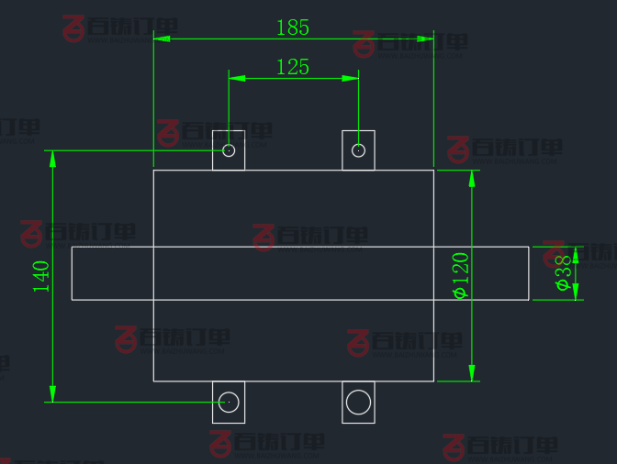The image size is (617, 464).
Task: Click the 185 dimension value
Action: tap(293, 28)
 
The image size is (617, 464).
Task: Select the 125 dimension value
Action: tap(293, 67)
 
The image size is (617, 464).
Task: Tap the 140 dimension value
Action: tap(41, 276)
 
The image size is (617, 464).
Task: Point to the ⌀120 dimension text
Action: tap(460, 275)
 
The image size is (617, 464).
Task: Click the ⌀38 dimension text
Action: tap(564, 272)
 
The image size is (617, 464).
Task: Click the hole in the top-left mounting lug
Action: tap(229, 150)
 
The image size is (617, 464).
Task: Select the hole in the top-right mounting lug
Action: tap(358, 150)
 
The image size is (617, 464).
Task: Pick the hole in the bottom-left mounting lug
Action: tap(229, 402)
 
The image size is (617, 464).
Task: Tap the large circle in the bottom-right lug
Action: tap(358, 402)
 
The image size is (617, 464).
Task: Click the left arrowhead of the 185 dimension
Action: tap(162, 39)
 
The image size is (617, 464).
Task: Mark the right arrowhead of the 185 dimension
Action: tap(425, 39)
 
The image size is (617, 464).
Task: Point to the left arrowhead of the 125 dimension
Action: tap(237, 79)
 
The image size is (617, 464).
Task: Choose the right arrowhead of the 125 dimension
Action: tap(350, 79)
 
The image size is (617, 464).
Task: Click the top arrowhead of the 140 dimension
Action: tap(52, 159)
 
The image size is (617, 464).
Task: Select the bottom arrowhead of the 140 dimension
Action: tap(52, 393)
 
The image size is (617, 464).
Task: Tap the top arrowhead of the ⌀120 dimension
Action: tap(473, 178)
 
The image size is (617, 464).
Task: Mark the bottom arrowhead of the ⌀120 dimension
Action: tap(473, 373)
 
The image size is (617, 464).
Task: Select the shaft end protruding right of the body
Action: tap(481, 273)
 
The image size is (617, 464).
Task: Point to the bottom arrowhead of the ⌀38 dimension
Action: tap(577, 292)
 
